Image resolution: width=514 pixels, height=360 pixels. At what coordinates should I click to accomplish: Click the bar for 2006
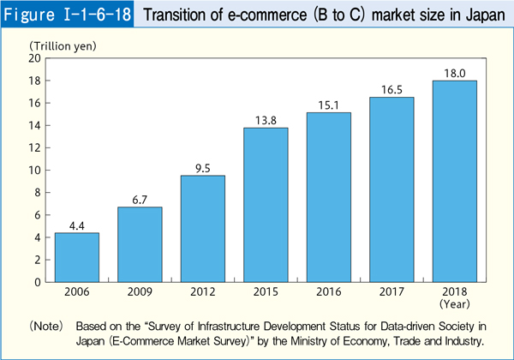click(76, 257)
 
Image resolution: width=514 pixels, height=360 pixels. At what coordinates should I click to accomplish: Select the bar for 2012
click(202, 228)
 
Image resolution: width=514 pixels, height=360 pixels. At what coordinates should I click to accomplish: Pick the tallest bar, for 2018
click(454, 181)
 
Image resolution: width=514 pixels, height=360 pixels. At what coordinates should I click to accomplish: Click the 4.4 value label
click(76, 225)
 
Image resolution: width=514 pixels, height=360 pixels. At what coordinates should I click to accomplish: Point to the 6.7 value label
click(140, 200)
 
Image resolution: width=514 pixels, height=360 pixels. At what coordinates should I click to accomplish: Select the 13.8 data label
click(266, 121)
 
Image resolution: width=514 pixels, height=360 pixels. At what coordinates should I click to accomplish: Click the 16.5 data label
click(391, 90)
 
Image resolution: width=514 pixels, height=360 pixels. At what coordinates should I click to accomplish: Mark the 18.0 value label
click(454, 74)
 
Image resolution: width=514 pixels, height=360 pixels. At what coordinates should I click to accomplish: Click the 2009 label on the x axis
click(140, 291)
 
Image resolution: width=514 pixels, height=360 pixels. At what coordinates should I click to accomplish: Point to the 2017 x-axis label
click(391, 291)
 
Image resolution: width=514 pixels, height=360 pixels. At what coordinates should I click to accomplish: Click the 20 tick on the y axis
click(35, 58)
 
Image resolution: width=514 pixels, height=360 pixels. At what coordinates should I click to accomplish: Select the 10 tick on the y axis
click(35, 170)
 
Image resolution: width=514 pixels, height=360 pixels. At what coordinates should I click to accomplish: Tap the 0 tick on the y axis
click(39, 281)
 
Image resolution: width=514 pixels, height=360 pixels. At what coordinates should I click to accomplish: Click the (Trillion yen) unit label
click(60, 45)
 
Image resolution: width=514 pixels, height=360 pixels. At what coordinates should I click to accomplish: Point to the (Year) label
click(454, 303)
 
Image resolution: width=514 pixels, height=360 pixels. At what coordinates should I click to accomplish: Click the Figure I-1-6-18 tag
click(67, 15)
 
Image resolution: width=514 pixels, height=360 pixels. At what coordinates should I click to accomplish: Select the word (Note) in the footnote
click(47, 327)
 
